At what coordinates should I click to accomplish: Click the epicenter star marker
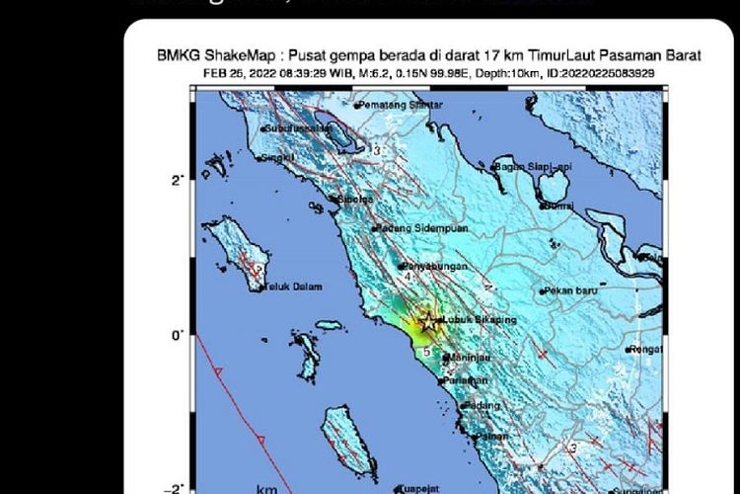427,320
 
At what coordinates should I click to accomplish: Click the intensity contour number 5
425,351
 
